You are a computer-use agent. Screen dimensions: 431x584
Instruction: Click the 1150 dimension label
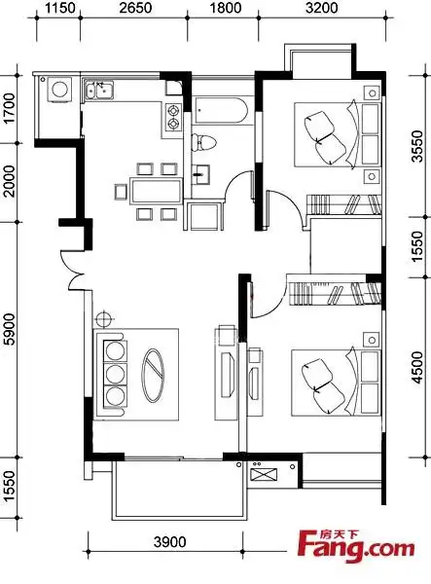(60, 8)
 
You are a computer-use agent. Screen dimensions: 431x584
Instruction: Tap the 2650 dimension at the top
(135, 8)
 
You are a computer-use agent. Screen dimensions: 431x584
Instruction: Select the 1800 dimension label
(226, 8)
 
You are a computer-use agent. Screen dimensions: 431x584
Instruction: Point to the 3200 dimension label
(322, 8)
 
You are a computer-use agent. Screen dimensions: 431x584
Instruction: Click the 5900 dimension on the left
(10, 329)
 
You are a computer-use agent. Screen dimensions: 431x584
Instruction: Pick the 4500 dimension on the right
(417, 367)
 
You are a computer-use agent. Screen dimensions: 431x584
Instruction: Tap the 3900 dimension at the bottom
(169, 542)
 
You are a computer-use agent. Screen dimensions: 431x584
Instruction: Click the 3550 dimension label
(417, 146)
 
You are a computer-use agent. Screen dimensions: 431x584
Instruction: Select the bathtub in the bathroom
(220, 111)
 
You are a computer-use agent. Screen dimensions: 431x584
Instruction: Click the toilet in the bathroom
(204, 143)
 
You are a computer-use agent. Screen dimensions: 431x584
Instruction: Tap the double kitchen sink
(99, 91)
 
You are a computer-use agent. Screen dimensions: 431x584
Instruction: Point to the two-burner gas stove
(172, 117)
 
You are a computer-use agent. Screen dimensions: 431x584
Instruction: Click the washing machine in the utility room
(59, 90)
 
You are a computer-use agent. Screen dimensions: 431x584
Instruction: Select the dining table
(156, 191)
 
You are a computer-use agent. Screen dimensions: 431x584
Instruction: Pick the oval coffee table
(154, 376)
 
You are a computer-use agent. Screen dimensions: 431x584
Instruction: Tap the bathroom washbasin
(200, 174)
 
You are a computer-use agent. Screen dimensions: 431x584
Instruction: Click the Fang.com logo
(356, 547)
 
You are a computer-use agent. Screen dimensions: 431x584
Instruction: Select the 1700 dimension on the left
(10, 108)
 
